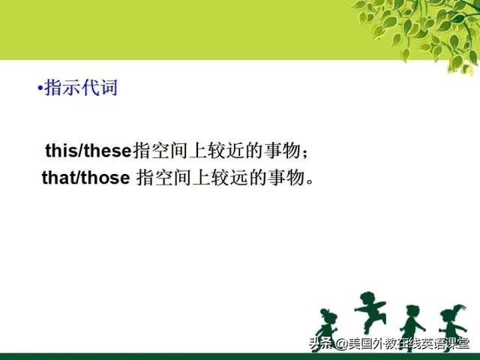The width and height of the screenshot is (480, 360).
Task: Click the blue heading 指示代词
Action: pos(81,88)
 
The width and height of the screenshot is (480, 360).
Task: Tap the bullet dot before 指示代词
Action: pos(40,88)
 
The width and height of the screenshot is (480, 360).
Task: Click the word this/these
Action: pos(88,151)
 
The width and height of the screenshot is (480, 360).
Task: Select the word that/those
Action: pos(86,178)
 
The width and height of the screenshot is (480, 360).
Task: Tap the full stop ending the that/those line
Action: pos(310,181)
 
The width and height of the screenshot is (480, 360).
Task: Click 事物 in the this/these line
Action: pos(282,151)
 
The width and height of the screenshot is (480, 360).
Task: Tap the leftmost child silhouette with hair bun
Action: pos(327,330)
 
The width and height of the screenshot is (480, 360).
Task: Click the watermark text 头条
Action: pos(320,343)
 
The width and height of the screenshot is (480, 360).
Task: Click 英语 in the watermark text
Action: pos(433,343)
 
